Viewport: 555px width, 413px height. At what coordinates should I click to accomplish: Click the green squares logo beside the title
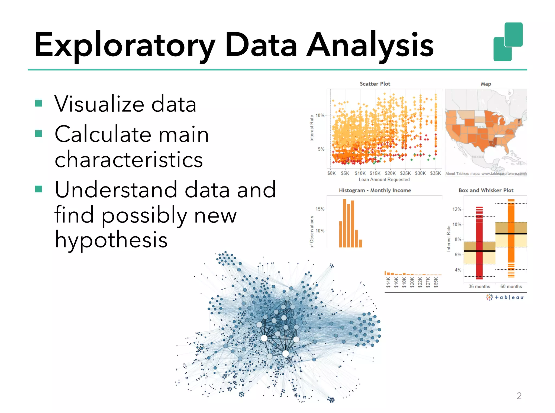508,42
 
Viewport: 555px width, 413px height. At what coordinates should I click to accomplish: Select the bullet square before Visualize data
39,103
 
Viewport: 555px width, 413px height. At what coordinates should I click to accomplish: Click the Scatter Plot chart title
375,84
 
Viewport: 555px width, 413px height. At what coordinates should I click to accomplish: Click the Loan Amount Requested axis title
384,180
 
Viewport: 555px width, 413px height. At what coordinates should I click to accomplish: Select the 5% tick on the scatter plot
321,149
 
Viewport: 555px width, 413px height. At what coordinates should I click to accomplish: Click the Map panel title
486,84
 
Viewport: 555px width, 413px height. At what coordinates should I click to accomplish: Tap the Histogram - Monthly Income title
375,190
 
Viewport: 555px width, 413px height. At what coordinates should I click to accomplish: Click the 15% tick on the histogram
320,209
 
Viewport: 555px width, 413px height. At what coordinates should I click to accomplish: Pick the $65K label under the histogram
436,282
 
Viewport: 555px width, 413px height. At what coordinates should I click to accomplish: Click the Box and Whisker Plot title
486,190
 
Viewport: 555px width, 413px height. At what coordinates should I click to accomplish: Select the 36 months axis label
479,286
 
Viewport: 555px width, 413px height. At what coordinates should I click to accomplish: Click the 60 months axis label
511,286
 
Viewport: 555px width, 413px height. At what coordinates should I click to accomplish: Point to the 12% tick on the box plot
457,209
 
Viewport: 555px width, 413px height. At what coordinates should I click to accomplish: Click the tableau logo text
509,297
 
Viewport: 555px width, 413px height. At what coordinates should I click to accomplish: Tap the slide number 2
519,396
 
